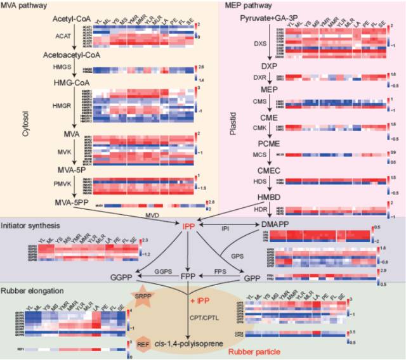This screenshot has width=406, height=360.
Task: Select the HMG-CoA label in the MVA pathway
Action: click(74, 82)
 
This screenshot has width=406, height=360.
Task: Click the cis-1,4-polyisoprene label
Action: click(190, 343)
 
